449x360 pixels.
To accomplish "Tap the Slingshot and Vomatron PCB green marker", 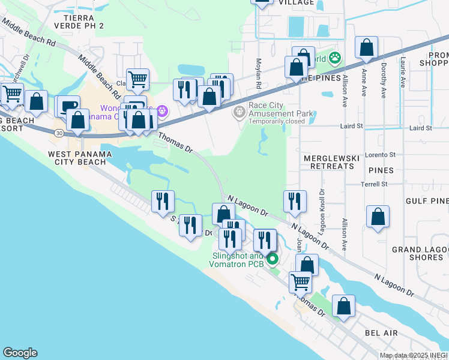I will (273, 259).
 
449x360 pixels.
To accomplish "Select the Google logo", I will (20, 353).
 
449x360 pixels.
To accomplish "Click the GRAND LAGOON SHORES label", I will (417, 253).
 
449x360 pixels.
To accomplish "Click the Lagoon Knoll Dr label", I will (322, 205).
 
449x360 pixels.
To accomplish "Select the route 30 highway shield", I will (58, 133).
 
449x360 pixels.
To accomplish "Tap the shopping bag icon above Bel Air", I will (343, 305).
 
